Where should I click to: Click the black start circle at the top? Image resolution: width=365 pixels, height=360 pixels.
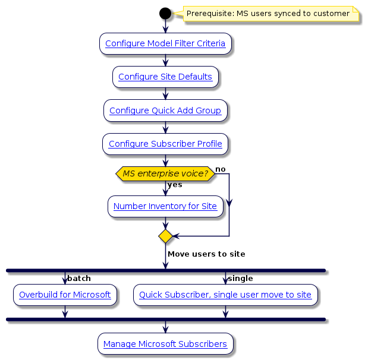(165, 13)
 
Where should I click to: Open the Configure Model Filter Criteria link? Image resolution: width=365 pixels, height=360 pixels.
(165, 43)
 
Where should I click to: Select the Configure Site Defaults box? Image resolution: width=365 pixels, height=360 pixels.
(165, 77)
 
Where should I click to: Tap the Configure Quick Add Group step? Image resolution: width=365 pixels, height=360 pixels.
(165, 110)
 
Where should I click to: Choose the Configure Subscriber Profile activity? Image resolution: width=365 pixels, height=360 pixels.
(165, 144)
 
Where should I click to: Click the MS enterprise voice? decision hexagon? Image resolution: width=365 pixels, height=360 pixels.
(165, 173)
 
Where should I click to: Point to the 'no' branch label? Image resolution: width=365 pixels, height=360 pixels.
(220, 170)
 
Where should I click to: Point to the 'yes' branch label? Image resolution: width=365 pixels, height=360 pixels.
(175, 185)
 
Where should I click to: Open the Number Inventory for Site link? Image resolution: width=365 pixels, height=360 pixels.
(165, 207)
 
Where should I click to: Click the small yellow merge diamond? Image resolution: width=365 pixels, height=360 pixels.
(165, 236)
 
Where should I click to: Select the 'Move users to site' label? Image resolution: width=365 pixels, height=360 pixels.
(206, 254)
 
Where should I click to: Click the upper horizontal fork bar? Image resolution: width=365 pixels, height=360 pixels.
(165, 270)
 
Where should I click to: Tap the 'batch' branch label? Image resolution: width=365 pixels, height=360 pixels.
(79, 279)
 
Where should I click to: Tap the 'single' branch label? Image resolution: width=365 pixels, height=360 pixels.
(241, 279)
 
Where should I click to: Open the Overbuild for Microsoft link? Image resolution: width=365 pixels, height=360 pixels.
(65, 295)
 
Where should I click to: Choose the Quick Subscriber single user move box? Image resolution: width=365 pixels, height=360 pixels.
(225, 295)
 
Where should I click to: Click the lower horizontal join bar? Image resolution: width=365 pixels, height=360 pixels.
(165, 319)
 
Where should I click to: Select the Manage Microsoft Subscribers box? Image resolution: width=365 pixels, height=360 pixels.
(165, 344)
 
